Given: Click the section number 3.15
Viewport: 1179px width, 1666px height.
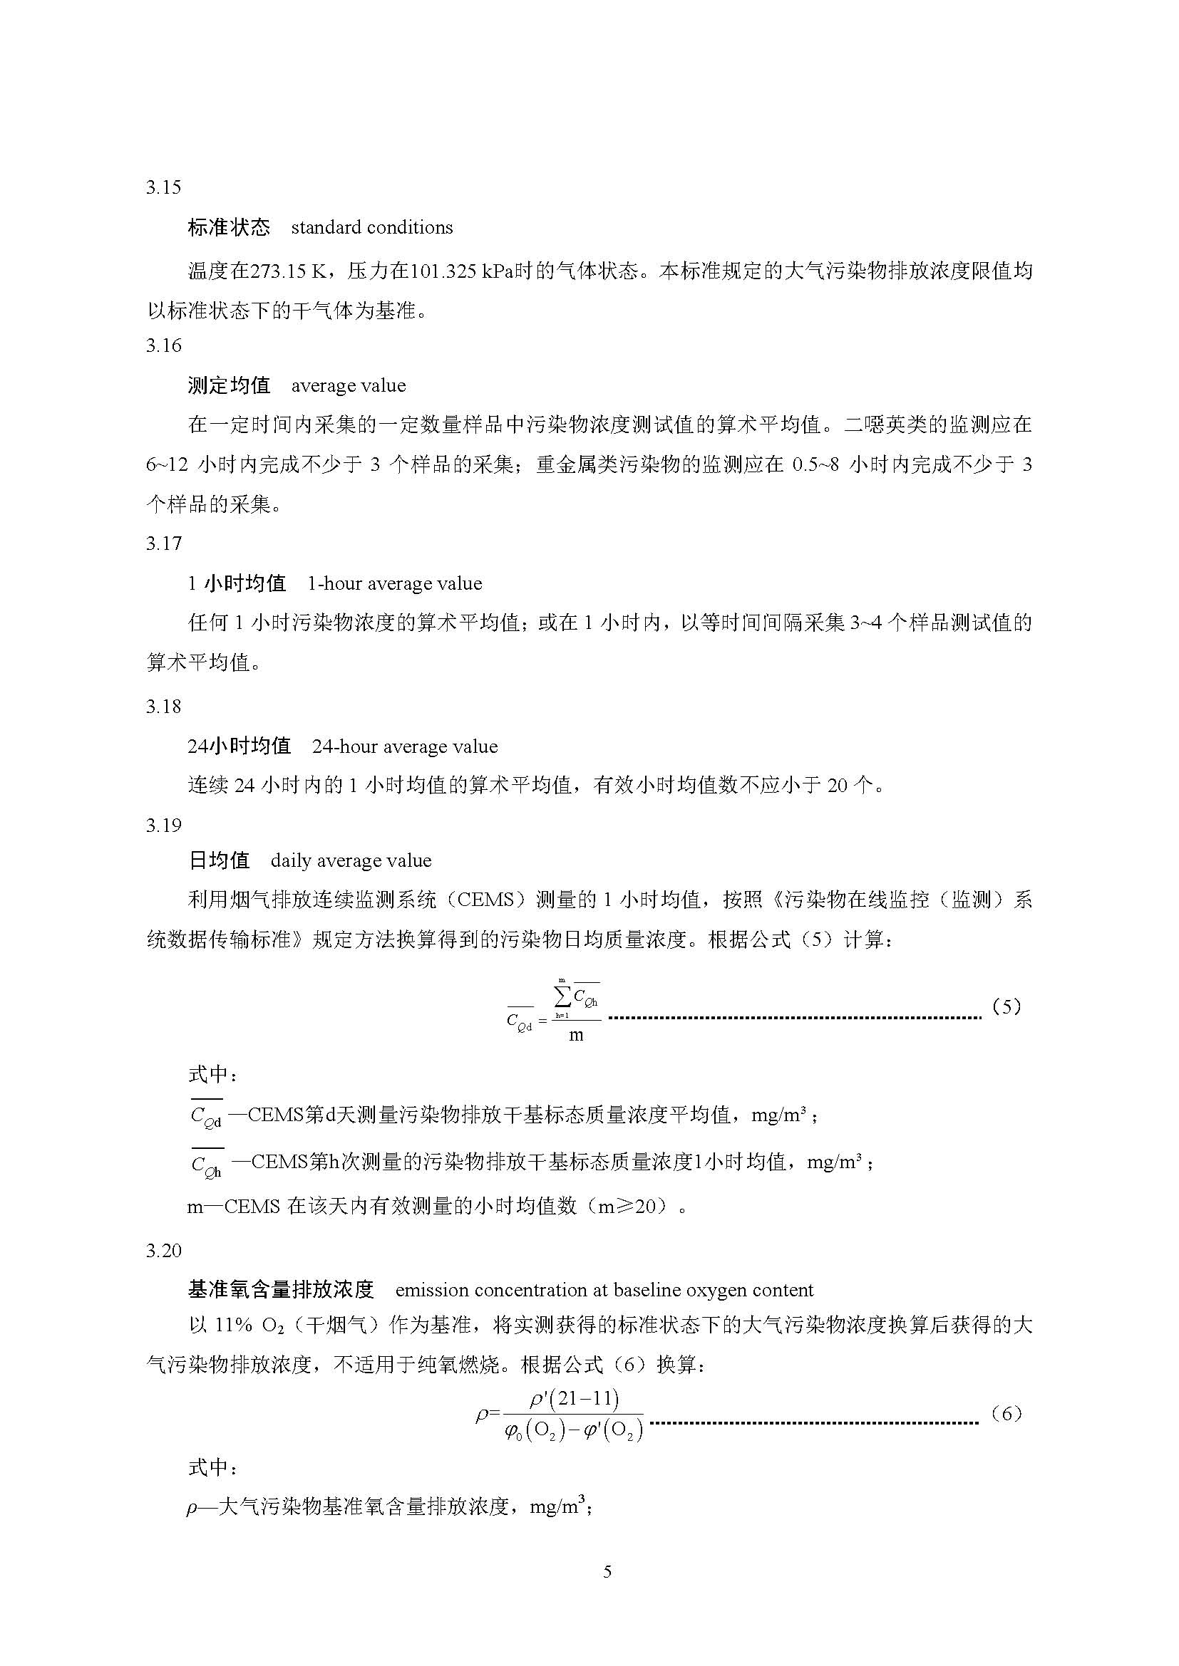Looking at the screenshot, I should point(163,188).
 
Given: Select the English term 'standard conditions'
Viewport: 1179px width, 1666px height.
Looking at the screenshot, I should point(371,228).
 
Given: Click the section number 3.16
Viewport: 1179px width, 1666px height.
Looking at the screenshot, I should point(163,345).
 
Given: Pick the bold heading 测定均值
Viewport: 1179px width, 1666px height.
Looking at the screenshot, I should point(229,385).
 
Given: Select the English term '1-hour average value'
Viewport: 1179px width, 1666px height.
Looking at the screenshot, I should point(394,583).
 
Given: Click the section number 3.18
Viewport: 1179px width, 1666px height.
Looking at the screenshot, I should point(163,707).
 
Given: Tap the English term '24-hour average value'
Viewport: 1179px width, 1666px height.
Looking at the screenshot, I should point(404,746).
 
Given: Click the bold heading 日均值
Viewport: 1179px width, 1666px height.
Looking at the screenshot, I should point(219,860).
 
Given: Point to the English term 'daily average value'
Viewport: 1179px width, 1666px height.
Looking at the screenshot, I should point(351,860).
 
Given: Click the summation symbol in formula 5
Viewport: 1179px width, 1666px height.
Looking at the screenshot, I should point(563,995).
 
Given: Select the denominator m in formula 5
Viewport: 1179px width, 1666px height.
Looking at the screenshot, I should point(576,1036).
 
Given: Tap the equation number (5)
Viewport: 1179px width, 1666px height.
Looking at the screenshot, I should point(1006,1006).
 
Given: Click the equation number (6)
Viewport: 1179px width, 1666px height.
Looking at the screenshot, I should point(1006,1413).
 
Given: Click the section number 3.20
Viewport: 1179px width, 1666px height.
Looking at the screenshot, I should point(163,1250).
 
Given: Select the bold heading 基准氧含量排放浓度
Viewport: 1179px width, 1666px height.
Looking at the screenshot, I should point(280,1289).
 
